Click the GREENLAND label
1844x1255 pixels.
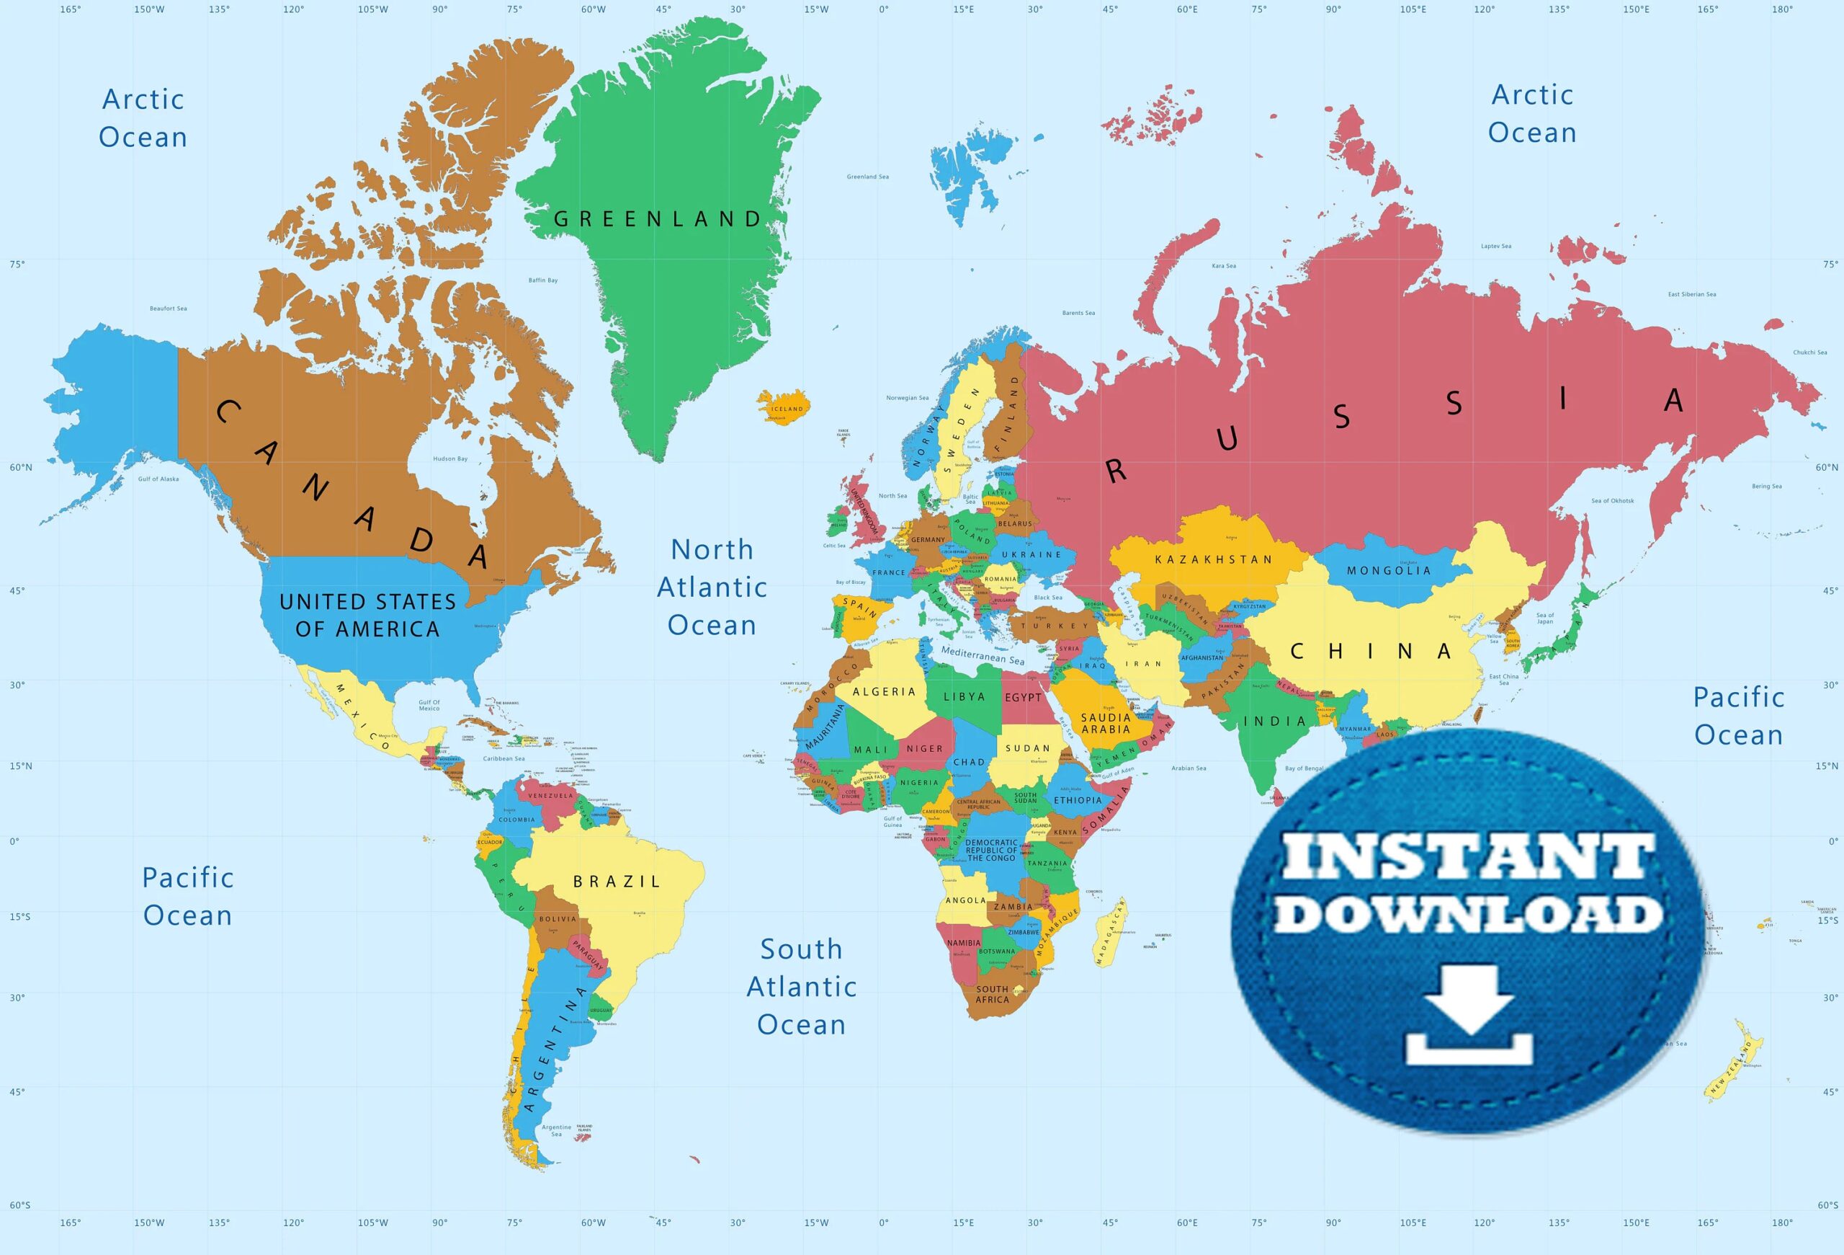pyautogui.click(x=657, y=219)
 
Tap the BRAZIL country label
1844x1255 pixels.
pyautogui.click(x=617, y=881)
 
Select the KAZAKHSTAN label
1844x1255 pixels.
pyautogui.click(x=1213, y=559)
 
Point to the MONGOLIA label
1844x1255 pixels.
pyautogui.click(x=1389, y=571)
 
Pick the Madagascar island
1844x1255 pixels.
pyautogui.click(x=1110, y=932)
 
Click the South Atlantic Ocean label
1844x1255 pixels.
pyautogui.click(x=802, y=987)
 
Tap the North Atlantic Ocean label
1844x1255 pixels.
pyautogui.click(x=712, y=587)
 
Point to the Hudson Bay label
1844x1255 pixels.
pyautogui.click(x=450, y=458)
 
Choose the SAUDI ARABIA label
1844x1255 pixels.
pyautogui.click(x=1105, y=723)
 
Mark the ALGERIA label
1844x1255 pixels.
pyautogui.click(x=884, y=692)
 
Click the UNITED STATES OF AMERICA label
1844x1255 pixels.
pyautogui.click(x=367, y=615)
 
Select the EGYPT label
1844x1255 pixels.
pyautogui.click(x=1023, y=698)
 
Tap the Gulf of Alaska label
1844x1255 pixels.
pyautogui.click(x=158, y=479)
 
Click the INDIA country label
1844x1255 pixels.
pyautogui.click(x=1274, y=722)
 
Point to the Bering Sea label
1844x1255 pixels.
pyautogui.click(x=1767, y=487)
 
